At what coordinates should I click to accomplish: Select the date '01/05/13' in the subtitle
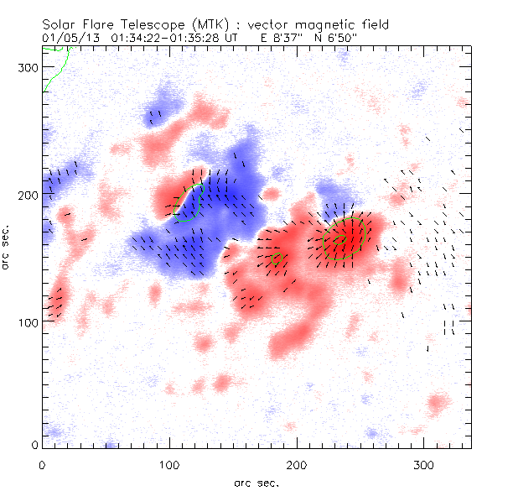click(x=68, y=38)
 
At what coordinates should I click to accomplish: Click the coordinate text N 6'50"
click(x=346, y=38)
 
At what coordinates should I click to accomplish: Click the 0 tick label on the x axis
click(x=43, y=463)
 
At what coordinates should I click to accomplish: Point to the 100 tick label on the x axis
click(x=169, y=463)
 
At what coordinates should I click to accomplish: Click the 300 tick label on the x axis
click(x=423, y=463)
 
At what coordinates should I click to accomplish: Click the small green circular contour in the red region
click(x=277, y=259)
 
